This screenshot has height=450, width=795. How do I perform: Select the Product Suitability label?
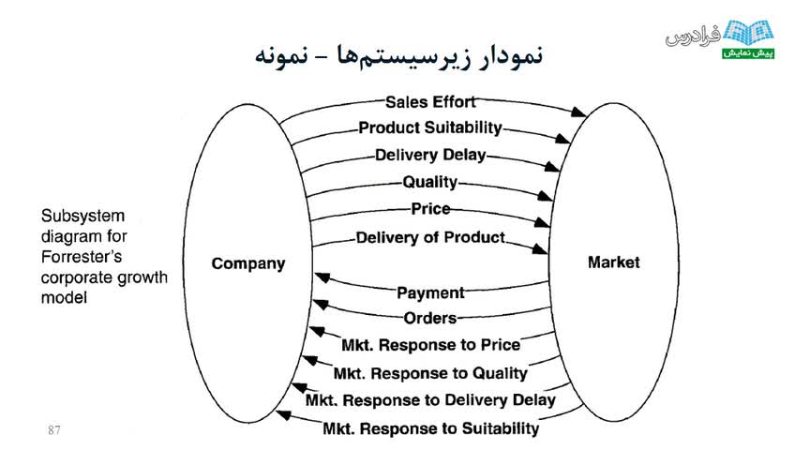tap(430, 128)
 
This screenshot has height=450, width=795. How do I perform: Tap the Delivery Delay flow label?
tap(430, 156)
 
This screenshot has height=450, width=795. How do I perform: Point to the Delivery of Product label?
tap(430, 238)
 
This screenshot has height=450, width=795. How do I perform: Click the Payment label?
tap(430, 293)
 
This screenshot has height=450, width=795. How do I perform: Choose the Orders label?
tap(430, 319)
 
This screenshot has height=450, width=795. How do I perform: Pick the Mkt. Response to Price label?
tap(430, 345)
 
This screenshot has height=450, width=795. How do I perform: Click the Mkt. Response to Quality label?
tap(430, 373)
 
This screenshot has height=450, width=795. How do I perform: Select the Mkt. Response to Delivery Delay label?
tap(430, 400)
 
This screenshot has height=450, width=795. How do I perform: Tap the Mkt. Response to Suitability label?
tap(430, 428)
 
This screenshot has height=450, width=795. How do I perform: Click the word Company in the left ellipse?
tap(247, 263)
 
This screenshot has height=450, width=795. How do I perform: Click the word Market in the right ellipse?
tap(613, 262)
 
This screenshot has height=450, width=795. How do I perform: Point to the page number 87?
tap(53, 430)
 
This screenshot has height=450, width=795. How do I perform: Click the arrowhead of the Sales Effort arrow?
tap(580, 112)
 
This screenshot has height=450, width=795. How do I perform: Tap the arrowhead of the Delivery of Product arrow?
tap(541, 249)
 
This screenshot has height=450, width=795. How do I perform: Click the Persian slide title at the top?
tap(398, 53)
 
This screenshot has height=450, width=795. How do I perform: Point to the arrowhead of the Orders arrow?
tap(320, 304)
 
